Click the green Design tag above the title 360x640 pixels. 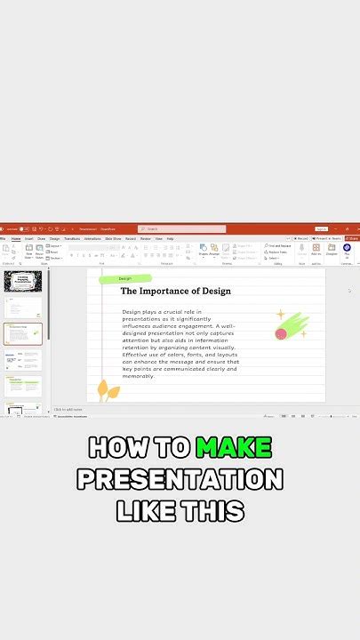(x=125, y=278)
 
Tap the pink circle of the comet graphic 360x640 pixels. (x=282, y=334)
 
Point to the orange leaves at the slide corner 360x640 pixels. (x=108, y=390)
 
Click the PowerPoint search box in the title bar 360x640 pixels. (x=181, y=228)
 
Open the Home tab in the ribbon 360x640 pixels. (x=16, y=238)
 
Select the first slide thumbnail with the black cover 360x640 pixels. (x=22, y=282)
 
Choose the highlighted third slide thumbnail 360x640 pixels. (x=23, y=333)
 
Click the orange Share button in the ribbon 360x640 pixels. (x=352, y=238)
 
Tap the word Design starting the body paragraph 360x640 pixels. (x=132, y=312)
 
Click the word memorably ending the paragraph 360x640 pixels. (x=138, y=376)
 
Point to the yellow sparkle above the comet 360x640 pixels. (x=279, y=314)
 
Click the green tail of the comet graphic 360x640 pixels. (x=297, y=324)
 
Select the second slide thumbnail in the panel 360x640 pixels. (x=23, y=308)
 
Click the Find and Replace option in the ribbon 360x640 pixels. (x=277, y=245)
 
